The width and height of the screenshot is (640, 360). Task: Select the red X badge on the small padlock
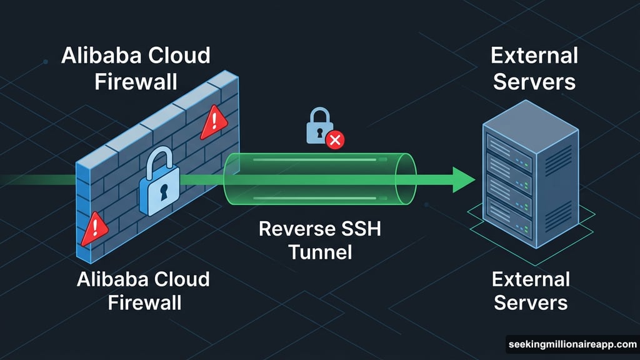coord(335,141)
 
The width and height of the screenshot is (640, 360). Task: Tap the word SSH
coord(359,229)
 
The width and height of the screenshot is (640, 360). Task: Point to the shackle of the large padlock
coord(161,160)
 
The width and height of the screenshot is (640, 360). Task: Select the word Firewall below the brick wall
coord(144,302)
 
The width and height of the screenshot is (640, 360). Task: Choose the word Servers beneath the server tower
coord(531,302)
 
